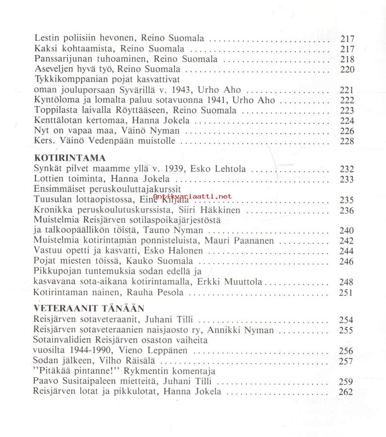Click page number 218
click(x=347, y=59)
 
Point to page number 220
click(x=347, y=69)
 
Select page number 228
click(x=347, y=141)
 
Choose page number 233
click(x=347, y=179)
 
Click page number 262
click(x=347, y=392)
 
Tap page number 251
click(x=347, y=292)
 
